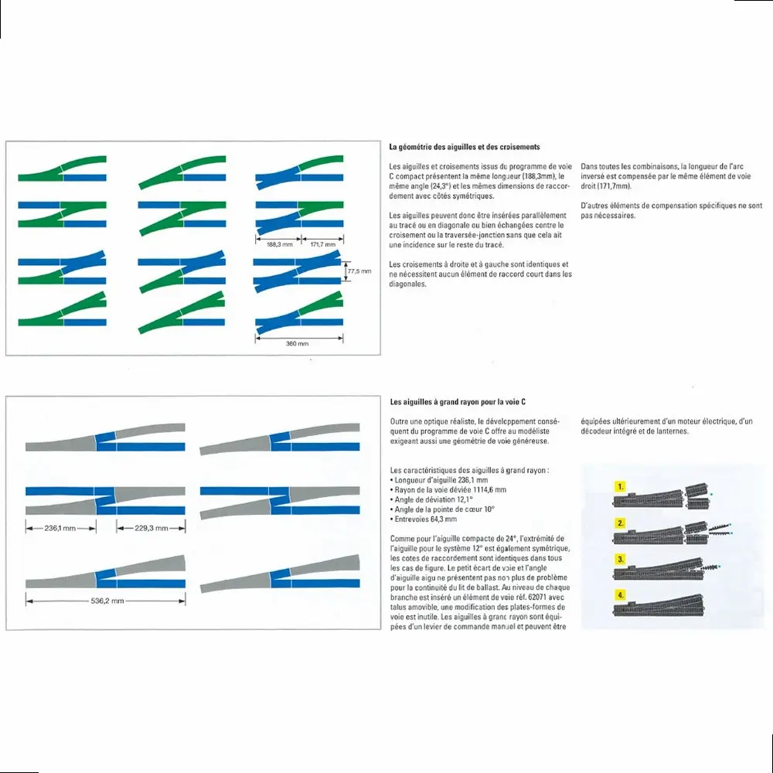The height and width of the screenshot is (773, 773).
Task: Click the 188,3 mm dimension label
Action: click(278, 244)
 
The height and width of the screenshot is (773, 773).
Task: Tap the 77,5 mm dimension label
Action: click(360, 271)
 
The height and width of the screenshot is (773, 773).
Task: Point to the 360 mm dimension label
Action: click(298, 342)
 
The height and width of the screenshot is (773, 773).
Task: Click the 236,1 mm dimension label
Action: click(60, 528)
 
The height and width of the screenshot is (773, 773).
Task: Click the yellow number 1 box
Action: click(620, 487)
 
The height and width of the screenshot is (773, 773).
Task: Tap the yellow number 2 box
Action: click(620, 523)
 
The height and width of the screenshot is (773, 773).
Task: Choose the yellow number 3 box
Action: click(620, 559)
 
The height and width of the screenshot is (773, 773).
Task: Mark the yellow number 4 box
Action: click(620, 594)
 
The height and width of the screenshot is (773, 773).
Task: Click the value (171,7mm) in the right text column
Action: click(614, 186)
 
